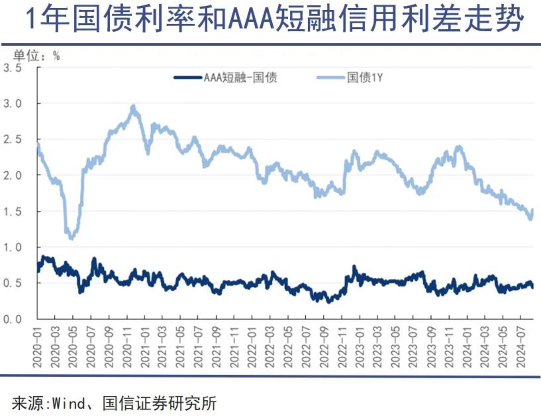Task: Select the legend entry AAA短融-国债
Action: coord(240,77)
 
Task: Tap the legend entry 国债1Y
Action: coord(365,77)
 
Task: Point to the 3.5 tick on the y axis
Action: coord(13,68)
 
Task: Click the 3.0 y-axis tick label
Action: coord(13,104)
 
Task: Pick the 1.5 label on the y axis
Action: coord(13,211)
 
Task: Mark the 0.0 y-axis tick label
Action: coord(13,319)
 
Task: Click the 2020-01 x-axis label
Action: coord(38,347)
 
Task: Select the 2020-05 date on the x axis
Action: coord(73,347)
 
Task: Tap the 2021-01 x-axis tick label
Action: coord(145,347)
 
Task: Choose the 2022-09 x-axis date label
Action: coord(324,347)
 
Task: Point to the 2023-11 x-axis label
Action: coord(449,347)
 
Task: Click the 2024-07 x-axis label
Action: coord(521,347)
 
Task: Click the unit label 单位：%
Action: coord(36,56)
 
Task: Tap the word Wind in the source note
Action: coord(68,404)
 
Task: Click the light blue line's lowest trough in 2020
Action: coord(71,238)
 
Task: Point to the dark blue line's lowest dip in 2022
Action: coord(329,301)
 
